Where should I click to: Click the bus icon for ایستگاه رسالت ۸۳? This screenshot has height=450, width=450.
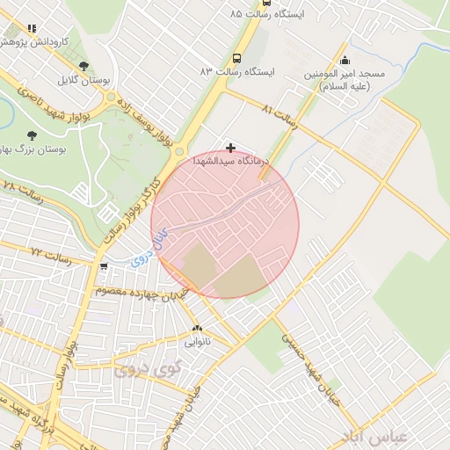[236, 57]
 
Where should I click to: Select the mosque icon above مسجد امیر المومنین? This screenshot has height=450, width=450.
[343, 61]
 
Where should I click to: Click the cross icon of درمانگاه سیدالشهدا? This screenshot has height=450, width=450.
[230, 148]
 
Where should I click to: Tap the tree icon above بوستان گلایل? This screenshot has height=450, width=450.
[83, 66]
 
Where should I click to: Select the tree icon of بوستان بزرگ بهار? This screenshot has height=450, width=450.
[32, 135]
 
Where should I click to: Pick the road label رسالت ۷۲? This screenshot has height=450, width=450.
[49, 251]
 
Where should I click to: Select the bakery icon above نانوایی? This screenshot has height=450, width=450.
[197, 328]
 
